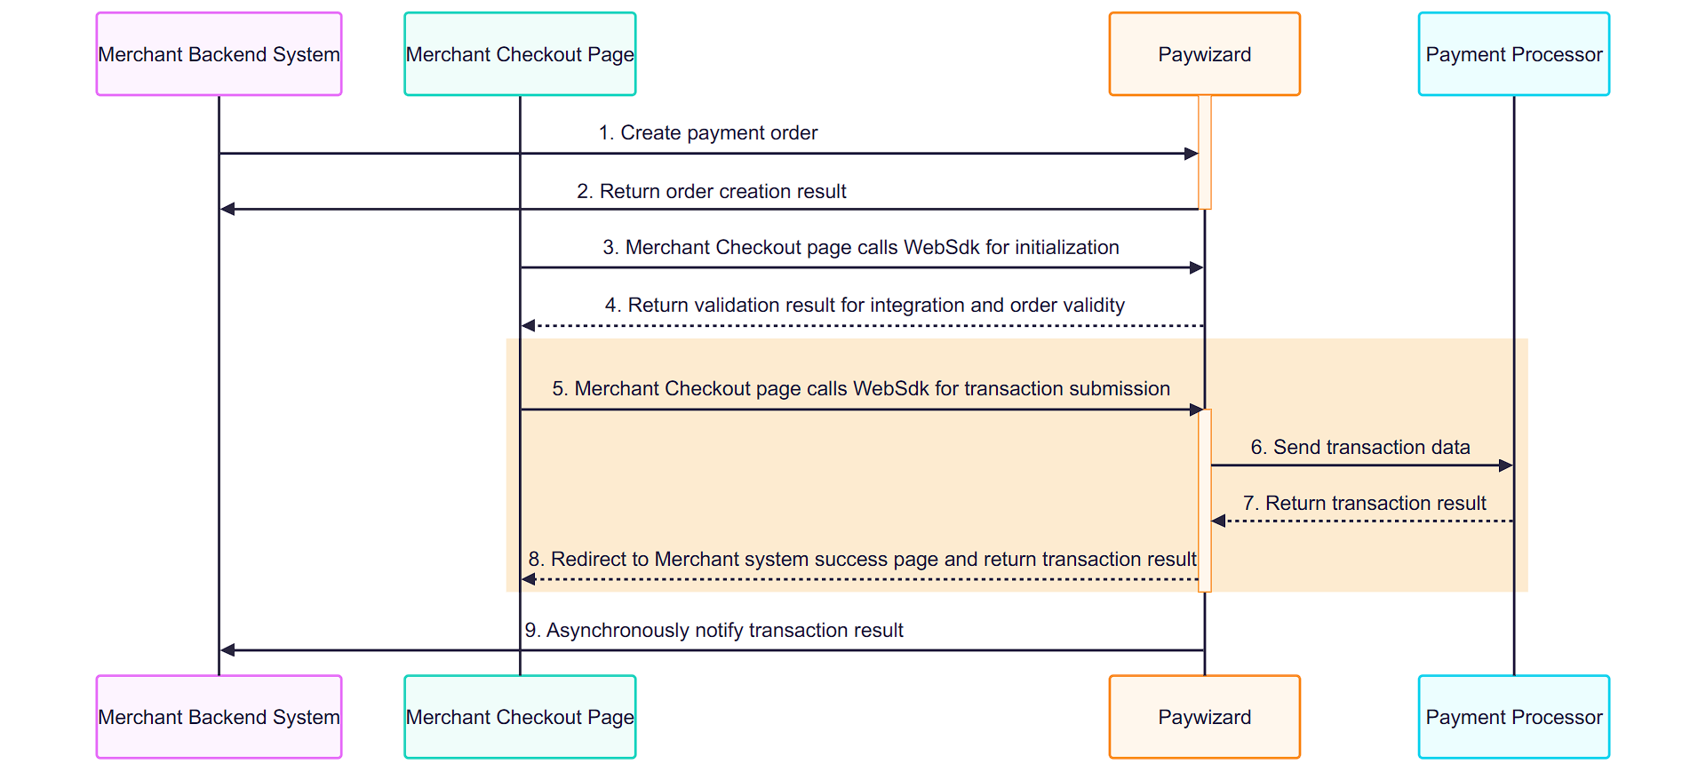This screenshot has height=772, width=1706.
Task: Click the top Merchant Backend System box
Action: tap(219, 54)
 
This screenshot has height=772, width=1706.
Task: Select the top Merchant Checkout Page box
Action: tap(520, 54)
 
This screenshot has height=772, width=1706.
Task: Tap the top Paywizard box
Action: tap(1204, 54)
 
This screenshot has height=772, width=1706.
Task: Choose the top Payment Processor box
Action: tap(1514, 54)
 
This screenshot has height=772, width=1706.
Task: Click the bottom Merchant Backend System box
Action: tap(219, 717)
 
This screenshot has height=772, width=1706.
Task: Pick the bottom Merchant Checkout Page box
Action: tap(520, 717)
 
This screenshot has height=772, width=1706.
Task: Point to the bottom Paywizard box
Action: tap(1204, 717)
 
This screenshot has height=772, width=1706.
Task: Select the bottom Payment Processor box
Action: tap(1514, 717)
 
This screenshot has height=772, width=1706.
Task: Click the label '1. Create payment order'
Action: tap(708, 133)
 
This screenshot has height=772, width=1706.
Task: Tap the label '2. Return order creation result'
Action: tap(712, 192)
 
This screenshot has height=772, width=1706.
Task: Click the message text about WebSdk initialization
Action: tap(861, 248)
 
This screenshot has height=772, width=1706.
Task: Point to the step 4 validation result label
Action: tap(865, 306)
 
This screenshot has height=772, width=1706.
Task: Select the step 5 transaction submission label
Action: tap(861, 389)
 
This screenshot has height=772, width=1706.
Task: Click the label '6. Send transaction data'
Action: tap(1360, 448)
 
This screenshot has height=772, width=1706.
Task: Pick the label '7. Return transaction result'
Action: tap(1364, 504)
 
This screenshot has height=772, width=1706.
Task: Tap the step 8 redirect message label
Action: tap(862, 560)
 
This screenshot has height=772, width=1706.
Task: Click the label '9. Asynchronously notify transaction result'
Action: tap(713, 631)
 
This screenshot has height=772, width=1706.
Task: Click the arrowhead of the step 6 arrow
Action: tap(1506, 466)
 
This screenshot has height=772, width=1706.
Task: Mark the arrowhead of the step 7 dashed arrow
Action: tap(1219, 521)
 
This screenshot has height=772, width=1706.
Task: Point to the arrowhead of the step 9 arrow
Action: tap(227, 650)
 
